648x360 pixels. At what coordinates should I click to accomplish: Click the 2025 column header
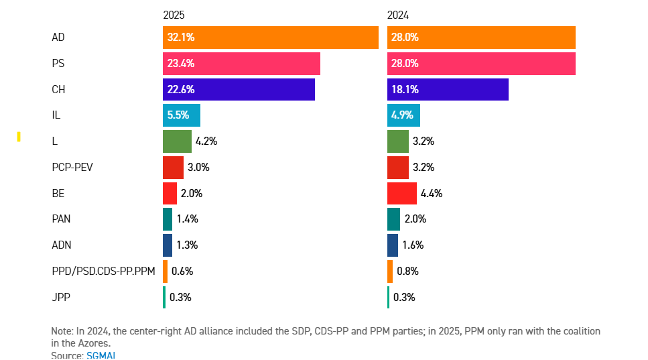tap(174, 15)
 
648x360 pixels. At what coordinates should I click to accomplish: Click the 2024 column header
tap(398, 15)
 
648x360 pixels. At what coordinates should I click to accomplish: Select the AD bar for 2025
tap(270, 38)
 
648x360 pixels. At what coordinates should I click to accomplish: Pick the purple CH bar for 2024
tap(448, 89)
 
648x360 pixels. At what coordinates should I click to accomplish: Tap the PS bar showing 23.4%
tap(241, 64)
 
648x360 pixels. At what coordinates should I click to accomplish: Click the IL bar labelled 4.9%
tap(403, 115)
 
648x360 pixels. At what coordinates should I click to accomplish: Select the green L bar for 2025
tap(177, 141)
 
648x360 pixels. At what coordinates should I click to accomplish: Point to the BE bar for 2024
tap(402, 194)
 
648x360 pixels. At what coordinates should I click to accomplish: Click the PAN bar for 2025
tap(168, 219)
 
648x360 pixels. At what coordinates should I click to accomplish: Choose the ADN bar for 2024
tap(393, 245)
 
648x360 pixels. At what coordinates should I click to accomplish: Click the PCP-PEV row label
tap(72, 167)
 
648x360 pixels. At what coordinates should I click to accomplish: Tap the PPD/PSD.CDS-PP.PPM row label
tap(103, 272)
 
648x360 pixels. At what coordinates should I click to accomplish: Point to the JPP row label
tap(61, 297)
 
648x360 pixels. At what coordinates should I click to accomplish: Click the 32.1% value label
tap(181, 38)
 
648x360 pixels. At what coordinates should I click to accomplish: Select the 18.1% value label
tap(405, 89)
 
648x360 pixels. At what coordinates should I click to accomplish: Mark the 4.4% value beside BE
tap(432, 194)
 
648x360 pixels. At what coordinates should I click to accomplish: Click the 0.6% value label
tap(182, 272)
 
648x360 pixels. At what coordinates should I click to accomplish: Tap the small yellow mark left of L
tap(19, 137)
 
